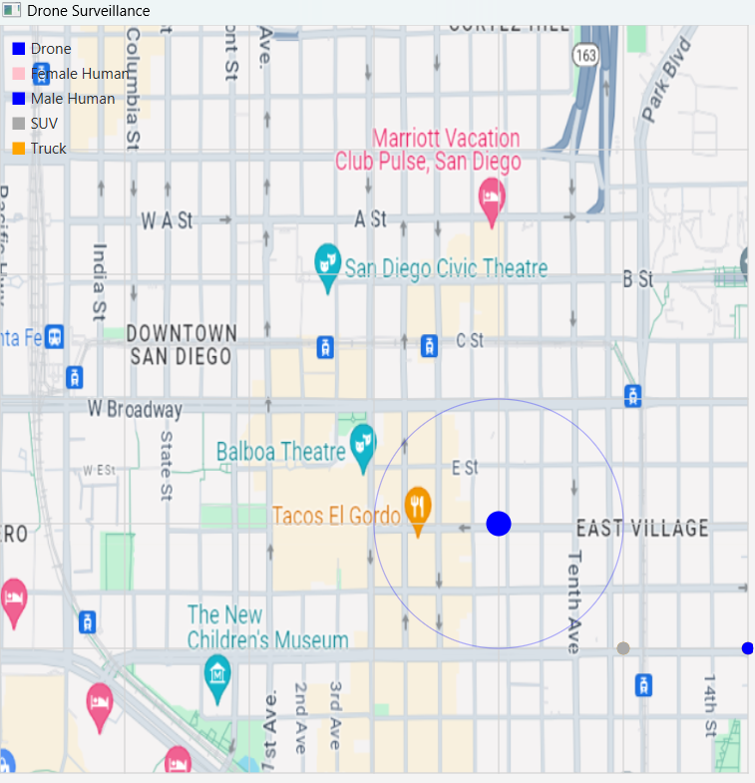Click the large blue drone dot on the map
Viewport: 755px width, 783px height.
point(499,524)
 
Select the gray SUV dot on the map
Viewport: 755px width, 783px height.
point(623,648)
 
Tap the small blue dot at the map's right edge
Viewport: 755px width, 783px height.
point(748,648)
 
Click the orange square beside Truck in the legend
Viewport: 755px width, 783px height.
point(18,149)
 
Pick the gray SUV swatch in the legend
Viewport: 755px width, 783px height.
point(18,124)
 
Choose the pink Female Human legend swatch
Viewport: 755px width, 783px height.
point(18,74)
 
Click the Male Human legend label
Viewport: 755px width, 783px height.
point(72,99)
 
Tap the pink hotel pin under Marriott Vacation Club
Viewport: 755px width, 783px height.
point(491,196)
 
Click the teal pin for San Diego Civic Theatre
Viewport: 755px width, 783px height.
point(327,263)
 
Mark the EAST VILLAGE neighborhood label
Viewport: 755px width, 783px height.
point(642,528)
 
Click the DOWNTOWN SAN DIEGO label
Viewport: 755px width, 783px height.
point(181,344)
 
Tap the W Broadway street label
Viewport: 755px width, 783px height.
point(135,409)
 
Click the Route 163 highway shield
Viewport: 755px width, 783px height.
point(585,55)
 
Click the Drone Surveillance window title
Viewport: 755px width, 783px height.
point(88,11)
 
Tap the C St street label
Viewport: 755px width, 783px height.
point(470,340)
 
